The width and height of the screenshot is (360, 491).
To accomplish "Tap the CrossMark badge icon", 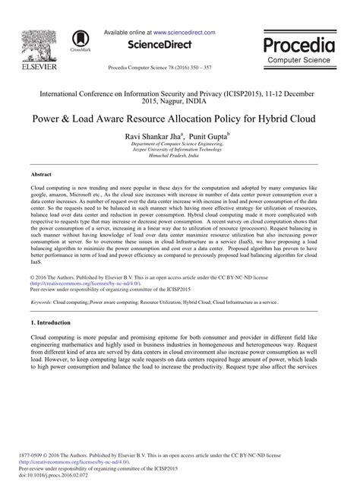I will pyautogui.click(x=77, y=40).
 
